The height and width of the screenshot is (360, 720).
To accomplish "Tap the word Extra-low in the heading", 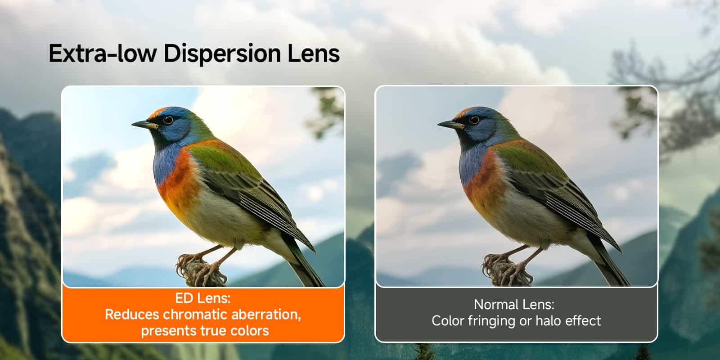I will [103, 53].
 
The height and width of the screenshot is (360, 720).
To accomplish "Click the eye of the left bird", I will [168, 120].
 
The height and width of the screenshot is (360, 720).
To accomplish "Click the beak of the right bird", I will [449, 124].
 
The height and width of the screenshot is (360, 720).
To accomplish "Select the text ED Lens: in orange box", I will [202, 298].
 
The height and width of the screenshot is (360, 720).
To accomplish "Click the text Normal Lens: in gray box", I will [514, 305].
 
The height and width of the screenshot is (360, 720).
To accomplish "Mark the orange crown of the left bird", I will [157, 111].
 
